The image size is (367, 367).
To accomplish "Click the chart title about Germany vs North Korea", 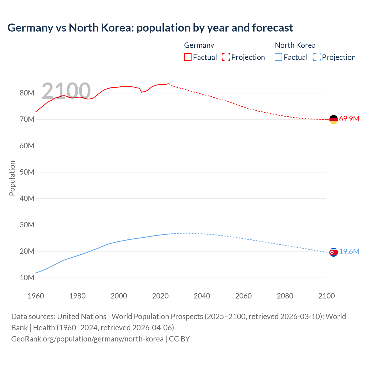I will coord(150,28).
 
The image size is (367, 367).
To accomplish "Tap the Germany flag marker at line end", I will coord(333,119).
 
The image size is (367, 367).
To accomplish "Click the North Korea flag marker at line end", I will coord(333,252).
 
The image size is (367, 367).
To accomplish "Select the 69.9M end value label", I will coord(349,119).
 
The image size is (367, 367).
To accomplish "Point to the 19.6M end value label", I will coord(349,252).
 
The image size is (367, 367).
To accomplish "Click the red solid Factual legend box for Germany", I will coord(188,57).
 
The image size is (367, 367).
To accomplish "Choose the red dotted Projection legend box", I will coord(226,57).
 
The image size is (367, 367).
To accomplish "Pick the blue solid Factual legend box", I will coord(278,57).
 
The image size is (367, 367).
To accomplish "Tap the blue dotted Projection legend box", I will coord(317,57).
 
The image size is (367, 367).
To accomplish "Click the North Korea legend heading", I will coord(295,45).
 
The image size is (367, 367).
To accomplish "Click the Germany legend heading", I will coord(199,45).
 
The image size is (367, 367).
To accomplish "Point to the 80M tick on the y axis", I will coord(27,93).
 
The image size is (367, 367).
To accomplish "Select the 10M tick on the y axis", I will coord(27,278).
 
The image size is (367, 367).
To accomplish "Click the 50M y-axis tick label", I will coord(27,172).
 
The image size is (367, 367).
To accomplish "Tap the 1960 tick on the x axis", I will coord(36,296).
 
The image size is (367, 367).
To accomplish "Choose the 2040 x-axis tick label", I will coord(202,296).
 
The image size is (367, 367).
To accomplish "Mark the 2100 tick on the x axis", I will coord(326,296).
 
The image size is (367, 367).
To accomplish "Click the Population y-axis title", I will coord(12,178).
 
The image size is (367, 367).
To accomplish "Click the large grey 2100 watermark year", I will coord(66,91).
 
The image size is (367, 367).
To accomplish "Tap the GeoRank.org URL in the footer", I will coord(87,339).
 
